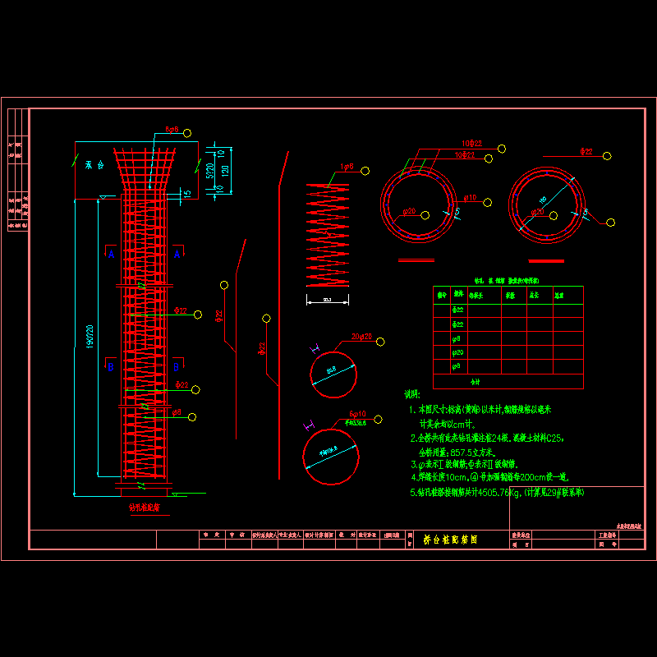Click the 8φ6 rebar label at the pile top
point(172,130)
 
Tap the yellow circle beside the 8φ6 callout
point(188,133)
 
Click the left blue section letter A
point(111,255)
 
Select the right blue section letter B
point(177,367)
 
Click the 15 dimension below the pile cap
point(187,194)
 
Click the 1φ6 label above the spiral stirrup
point(347,167)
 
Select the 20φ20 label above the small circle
point(361,338)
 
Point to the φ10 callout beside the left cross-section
point(471,198)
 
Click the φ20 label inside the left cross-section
point(407,213)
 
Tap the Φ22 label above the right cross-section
point(587,152)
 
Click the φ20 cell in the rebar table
point(458,352)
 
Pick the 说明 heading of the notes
point(411,395)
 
